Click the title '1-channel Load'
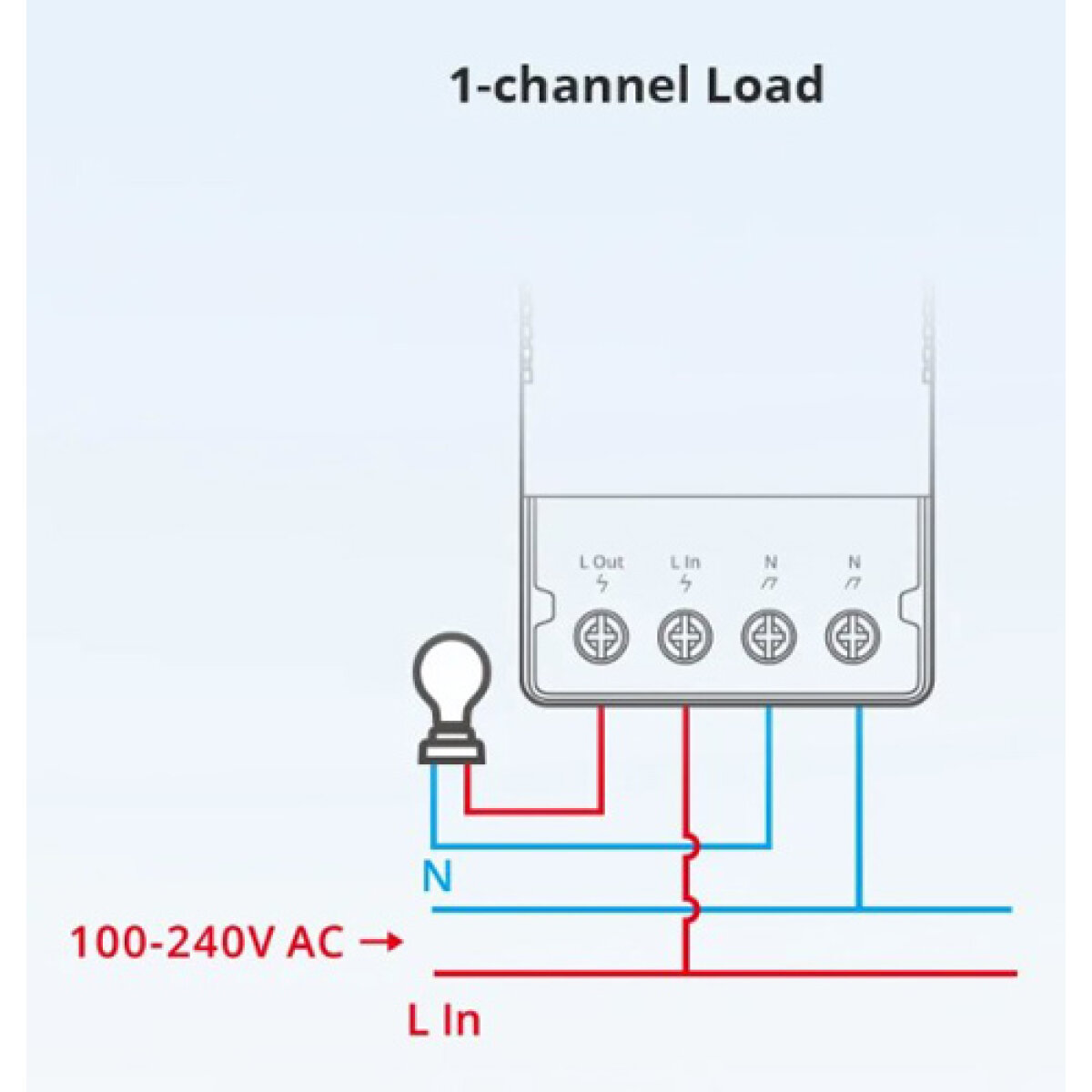tap(637, 86)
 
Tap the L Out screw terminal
tap(602, 635)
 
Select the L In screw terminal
tap(684, 635)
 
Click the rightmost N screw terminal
tap(853, 635)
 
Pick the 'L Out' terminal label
tap(602, 562)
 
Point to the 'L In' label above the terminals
tap(685, 562)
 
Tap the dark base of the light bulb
tap(451, 746)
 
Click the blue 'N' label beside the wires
tap(437, 877)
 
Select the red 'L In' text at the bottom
tap(443, 1020)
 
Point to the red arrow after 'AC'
tap(380, 943)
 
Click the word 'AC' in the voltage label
tap(315, 943)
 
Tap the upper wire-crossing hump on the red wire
tap(693, 847)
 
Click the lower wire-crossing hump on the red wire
tap(693, 908)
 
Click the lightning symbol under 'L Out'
tap(602, 584)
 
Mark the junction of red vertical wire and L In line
tap(685, 973)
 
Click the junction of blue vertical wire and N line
tap(858, 908)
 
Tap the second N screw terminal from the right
tap(769, 635)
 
